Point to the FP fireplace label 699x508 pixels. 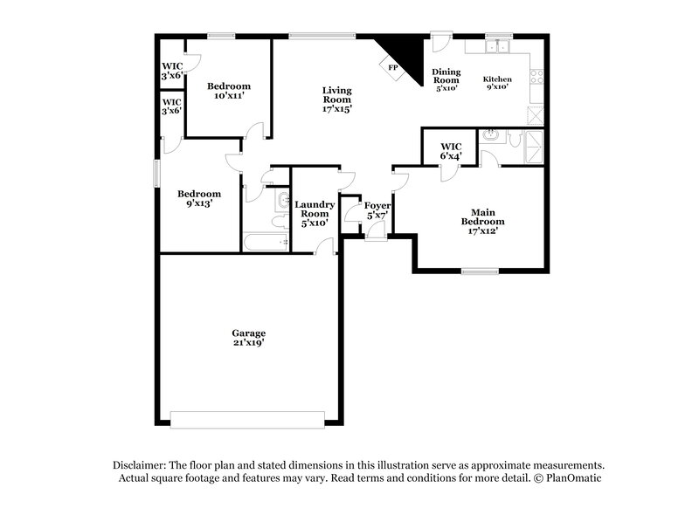392,68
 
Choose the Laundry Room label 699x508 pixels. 314,209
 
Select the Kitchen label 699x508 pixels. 497,79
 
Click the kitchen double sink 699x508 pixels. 500,47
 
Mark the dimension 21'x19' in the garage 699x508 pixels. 248,343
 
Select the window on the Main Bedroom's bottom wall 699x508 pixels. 480,271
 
